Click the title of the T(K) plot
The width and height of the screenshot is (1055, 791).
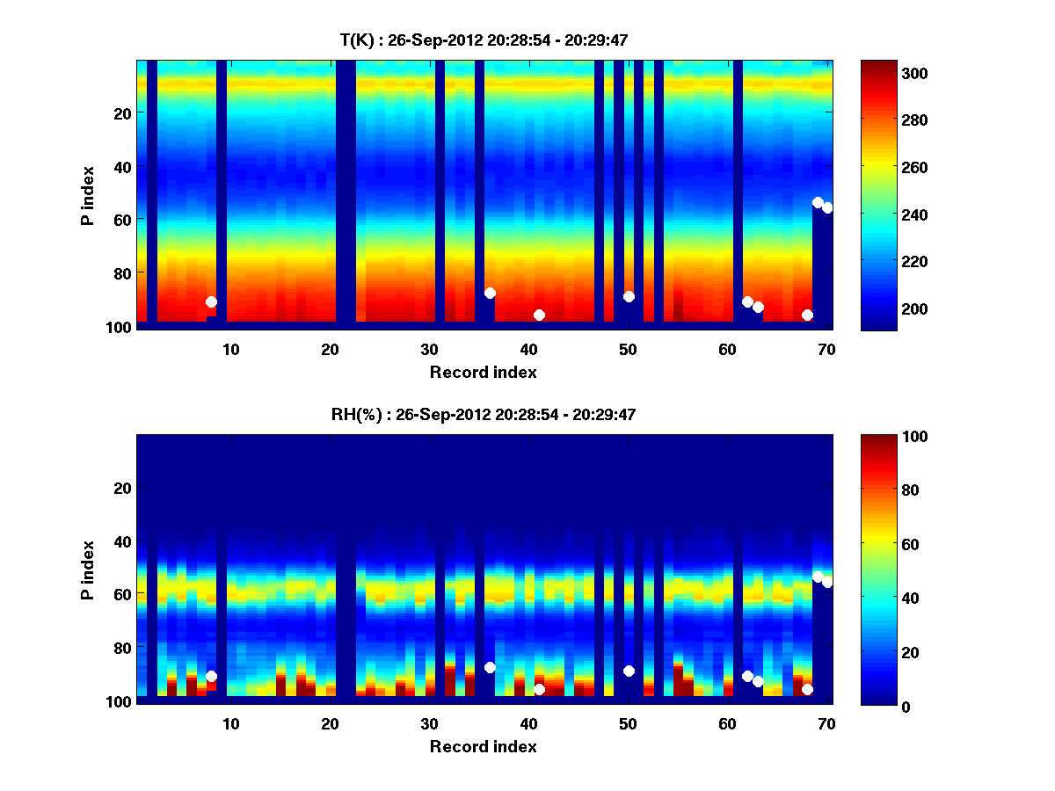(x=484, y=40)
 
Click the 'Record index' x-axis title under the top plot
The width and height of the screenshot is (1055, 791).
(x=484, y=372)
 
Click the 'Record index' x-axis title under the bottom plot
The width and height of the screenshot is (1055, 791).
(x=484, y=746)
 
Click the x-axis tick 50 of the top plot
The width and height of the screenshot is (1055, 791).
(x=628, y=348)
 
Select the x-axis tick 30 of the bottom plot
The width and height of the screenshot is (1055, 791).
(x=429, y=722)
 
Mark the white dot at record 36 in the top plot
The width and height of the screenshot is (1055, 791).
(x=490, y=293)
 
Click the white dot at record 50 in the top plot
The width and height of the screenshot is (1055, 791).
(x=629, y=296)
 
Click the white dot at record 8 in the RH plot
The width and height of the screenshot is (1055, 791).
(x=211, y=676)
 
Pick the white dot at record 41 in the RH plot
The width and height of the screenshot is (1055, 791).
(x=539, y=689)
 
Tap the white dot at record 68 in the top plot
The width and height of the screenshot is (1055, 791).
(x=807, y=315)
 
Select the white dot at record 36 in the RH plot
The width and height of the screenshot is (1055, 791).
(x=490, y=667)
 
